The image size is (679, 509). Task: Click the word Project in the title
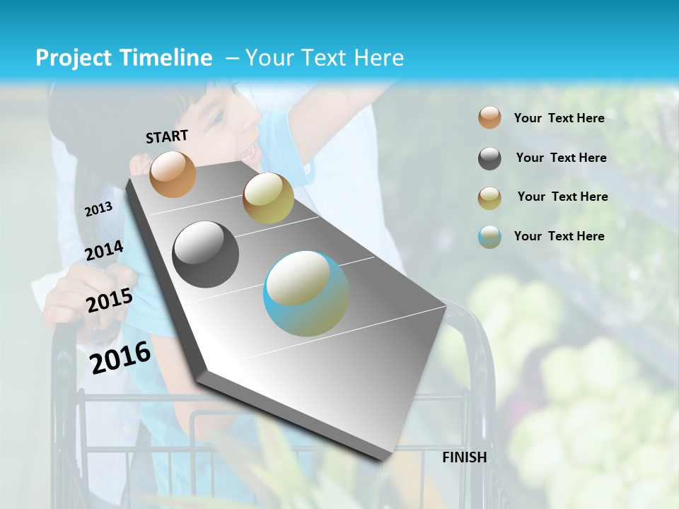tap(71, 58)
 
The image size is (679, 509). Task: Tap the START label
tap(167, 136)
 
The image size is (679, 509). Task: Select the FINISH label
tap(465, 457)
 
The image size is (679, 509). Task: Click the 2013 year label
tap(98, 209)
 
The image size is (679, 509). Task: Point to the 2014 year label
tap(104, 250)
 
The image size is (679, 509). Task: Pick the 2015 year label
tap(110, 301)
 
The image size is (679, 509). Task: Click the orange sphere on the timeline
tap(173, 174)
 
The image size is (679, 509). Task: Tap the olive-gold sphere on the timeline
tap(268, 198)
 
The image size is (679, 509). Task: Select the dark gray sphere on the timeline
tap(206, 255)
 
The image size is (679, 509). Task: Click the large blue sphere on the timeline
tap(306, 293)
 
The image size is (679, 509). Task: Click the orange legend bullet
tap(489, 117)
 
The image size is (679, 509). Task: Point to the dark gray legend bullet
tap(489, 158)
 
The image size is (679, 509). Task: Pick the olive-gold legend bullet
tap(489, 198)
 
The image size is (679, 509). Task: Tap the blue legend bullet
tap(489, 237)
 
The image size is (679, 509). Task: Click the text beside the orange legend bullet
tap(559, 118)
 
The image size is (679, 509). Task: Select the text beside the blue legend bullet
tap(559, 236)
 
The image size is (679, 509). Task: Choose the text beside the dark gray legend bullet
tap(561, 158)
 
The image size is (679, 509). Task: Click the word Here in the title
tap(378, 58)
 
